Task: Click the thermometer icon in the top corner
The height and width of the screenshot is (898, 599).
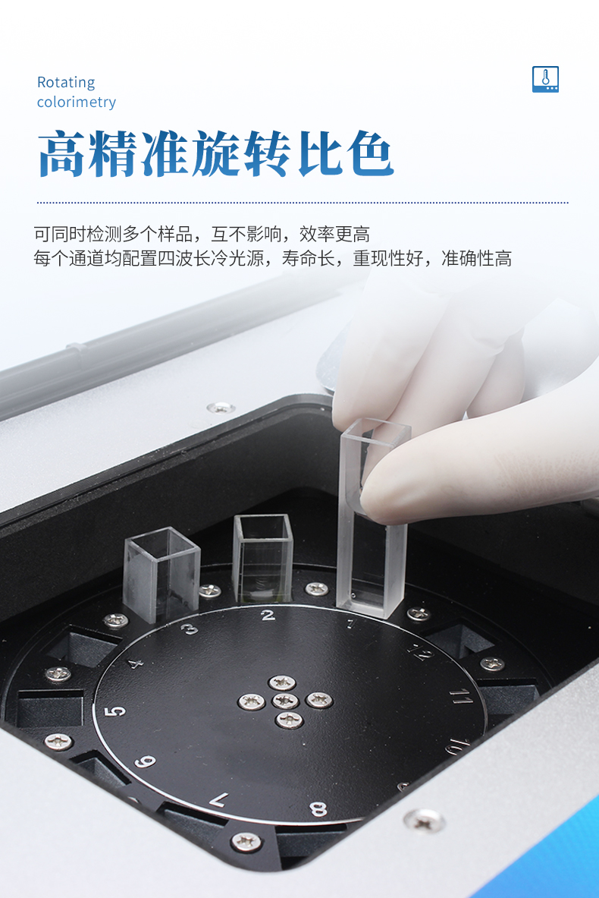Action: [x=545, y=79]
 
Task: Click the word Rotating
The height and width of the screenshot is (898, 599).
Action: [x=66, y=83]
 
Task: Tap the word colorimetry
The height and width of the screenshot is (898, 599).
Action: [x=76, y=102]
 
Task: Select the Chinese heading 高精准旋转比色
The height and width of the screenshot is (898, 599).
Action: [x=215, y=153]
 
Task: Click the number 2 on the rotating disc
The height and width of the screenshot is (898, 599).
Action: [x=267, y=616]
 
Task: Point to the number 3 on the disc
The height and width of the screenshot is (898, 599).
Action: [x=190, y=629]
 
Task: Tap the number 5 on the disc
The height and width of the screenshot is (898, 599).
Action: [x=115, y=711]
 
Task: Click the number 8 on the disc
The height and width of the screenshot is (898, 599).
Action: [x=318, y=808]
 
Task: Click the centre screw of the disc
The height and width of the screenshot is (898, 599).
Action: [x=285, y=701]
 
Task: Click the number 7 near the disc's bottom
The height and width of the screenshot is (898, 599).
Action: [x=219, y=799]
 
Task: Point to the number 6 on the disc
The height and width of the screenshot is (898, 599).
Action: [x=146, y=761]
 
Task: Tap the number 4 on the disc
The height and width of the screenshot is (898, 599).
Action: [x=135, y=663]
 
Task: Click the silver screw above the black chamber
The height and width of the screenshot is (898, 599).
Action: [x=221, y=408]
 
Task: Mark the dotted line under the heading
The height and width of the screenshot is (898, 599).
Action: [x=303, y=202]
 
